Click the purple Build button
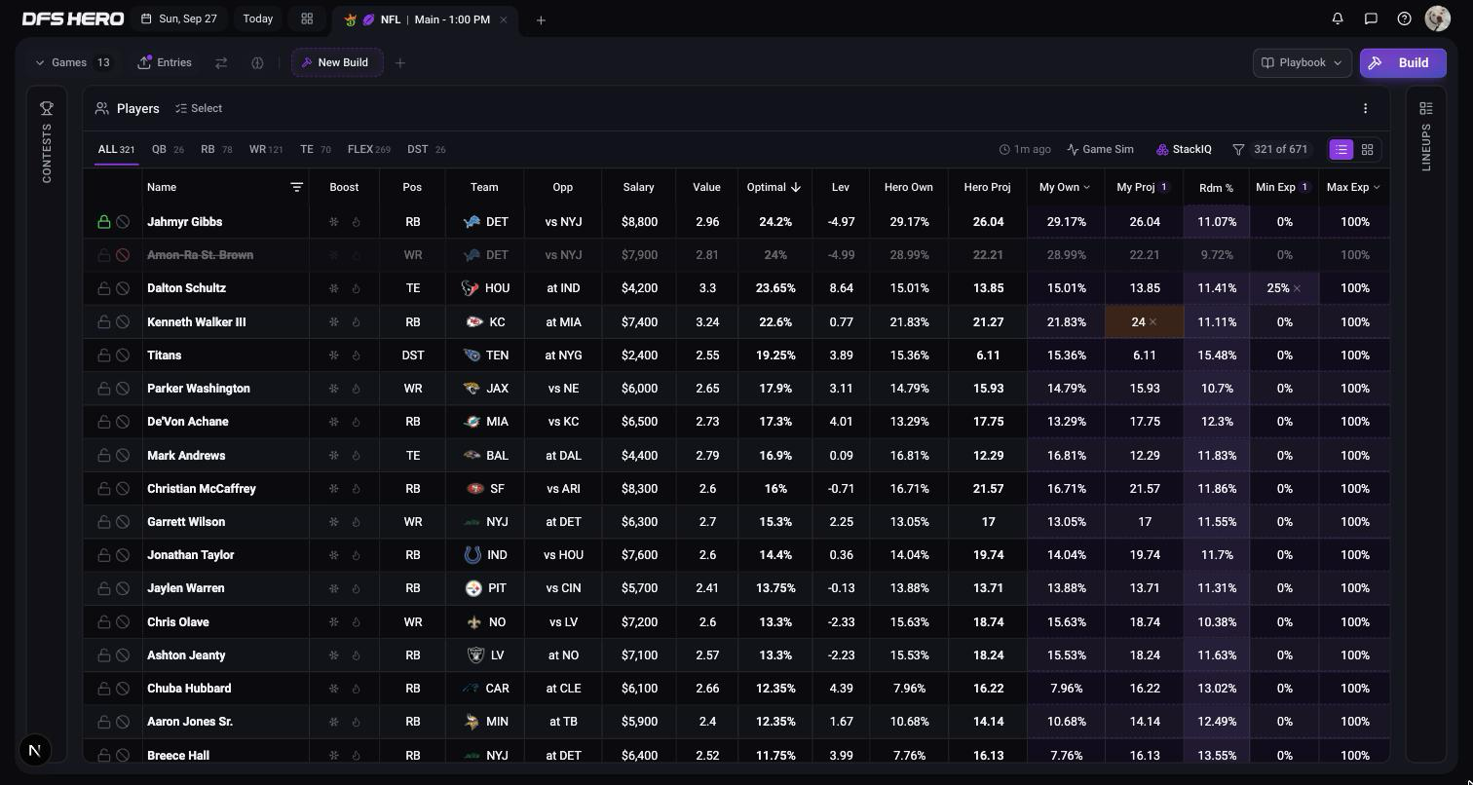(1403, 63)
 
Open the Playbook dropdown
(1302, 63)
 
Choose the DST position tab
(426, 150)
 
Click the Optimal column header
(774, 187)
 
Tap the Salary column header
(638, 187)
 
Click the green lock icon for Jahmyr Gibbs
(104, 221)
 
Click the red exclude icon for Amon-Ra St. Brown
(123, 255)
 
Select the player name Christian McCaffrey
(202, 489)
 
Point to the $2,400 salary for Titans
(639, 355)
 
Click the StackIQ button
(1184, 149)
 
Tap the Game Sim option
(1100, 149)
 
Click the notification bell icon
(1338, 19)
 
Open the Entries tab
(165, 62)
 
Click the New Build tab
(337, 62)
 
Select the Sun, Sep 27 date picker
(179, 19)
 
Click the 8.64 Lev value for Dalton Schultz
(841, 288)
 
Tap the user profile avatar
(1438, 19)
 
